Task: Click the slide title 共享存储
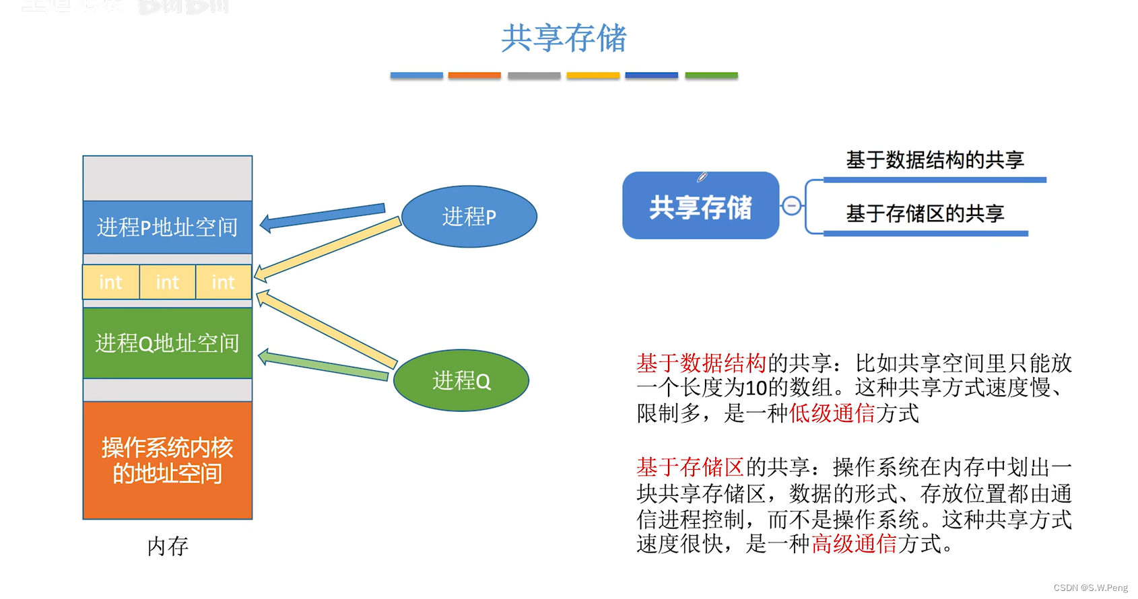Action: [x=564, y=38]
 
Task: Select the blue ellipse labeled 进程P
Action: [x=469, y=217]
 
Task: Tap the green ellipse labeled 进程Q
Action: [x=461, y=380]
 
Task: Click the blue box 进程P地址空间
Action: [x=167, y=227]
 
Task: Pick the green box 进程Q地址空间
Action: [x=167, y=343]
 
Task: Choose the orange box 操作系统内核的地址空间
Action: [x=167, y=460]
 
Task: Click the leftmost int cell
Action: [x=110, y=282]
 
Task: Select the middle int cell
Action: [x=167, y=282]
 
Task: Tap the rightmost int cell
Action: [x=223, y=282]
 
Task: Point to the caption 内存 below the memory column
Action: [x=168, y=546]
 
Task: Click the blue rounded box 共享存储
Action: [x=700, y=206]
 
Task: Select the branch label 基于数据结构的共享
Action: [x=935, y=160]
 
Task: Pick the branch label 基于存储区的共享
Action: [x=925, y=214]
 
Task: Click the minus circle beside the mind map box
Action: [x=792, y=205]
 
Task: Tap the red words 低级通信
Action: [x=832, y=413]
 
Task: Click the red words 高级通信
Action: [x=854, y=543]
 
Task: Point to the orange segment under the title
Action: [x=474, y=75]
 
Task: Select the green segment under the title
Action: [x=711, y=75]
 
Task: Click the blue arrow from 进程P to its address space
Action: [x=323, y=215]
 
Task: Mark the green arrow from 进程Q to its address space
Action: [x=323, y=364]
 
